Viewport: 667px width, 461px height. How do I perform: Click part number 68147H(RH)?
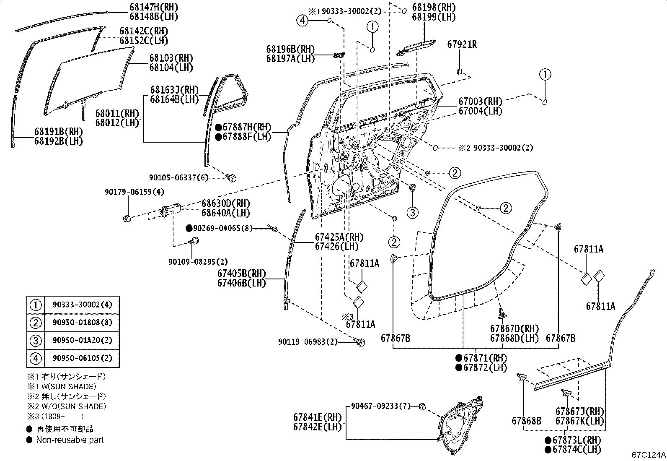click(x=154, y=7)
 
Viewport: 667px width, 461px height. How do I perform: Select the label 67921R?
click(x=462, y=44)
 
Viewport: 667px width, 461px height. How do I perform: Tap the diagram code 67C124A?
click(x=649, y=455)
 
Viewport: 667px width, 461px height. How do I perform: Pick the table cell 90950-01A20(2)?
click(x=83, y=340)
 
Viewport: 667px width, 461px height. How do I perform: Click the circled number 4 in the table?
click(x=36, y=358)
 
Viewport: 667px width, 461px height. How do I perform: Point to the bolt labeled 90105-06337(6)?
click(x=231, y=178)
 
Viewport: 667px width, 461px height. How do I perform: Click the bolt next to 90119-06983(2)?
click(x=360, y=342)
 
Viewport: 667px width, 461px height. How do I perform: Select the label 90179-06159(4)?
click(x=134, y=192)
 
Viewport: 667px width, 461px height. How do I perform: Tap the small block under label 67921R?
click(x=460, y=71)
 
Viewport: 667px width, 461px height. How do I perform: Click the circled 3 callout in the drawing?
click(x=412, y=213)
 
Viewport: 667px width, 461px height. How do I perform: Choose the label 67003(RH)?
click(x=480, y=102)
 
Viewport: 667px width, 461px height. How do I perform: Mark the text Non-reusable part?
click(x=70, y=440)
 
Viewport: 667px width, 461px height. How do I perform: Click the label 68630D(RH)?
click(x=226, y=203)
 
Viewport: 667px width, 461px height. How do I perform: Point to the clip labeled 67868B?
click(x=522, y=378)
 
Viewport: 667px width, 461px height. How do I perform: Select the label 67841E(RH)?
click(x=318, y=417)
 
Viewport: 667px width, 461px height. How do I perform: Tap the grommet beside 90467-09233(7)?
click(x=422, y=406)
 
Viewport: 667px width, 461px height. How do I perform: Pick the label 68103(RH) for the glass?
click(x=171, y=58)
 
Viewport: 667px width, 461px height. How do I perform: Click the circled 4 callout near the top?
click(x=302, y=21)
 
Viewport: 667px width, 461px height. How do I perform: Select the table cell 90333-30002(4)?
click(x=83, y=305)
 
